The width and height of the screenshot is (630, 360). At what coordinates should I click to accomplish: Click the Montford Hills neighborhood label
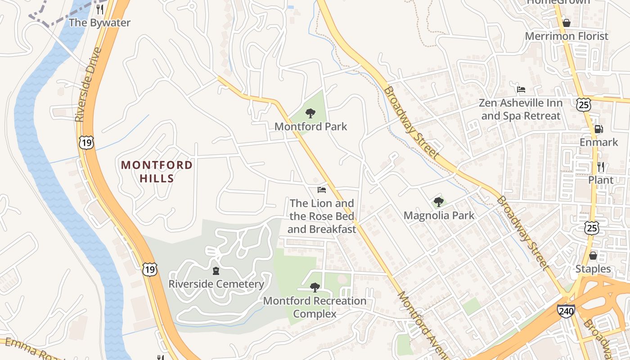157,171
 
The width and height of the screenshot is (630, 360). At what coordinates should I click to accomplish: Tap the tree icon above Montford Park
310,113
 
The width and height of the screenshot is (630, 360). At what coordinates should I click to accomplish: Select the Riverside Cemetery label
216,284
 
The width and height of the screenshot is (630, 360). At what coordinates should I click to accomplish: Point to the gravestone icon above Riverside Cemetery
216,271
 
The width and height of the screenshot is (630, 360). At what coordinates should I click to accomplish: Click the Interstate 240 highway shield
566,311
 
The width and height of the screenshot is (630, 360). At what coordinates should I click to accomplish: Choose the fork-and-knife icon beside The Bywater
100,9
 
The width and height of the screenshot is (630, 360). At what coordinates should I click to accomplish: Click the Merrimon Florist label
566,36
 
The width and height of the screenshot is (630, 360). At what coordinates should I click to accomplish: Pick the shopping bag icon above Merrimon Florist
566,22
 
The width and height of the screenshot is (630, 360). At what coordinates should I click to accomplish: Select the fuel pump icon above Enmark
598,129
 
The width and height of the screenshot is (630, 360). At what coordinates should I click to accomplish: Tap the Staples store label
593,269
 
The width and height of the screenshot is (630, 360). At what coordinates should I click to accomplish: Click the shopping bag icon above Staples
593,256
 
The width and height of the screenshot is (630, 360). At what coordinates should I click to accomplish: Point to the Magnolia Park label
439,216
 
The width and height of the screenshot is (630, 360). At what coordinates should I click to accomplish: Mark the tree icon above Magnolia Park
439,202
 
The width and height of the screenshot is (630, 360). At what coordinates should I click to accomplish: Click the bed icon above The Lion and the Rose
321,190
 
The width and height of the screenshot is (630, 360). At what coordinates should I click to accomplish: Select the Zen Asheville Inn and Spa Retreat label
520,109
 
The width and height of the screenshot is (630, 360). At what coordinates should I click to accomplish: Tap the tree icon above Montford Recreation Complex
315,287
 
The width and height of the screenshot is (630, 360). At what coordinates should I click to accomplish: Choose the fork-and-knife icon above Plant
601,167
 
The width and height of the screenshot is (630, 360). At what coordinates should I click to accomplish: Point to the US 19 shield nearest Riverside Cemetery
150,270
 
